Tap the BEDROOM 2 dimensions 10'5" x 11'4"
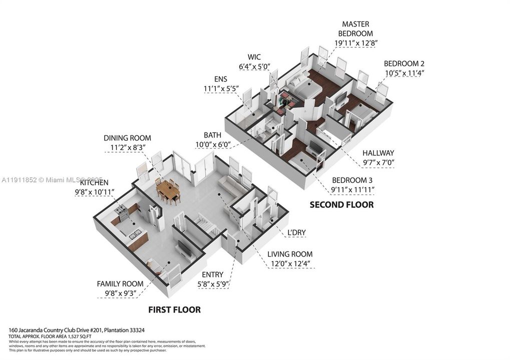404,73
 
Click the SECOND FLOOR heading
341,204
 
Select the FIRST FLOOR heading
174,310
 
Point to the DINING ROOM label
127,138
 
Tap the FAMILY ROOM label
120,283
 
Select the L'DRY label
296,232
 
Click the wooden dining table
168,190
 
